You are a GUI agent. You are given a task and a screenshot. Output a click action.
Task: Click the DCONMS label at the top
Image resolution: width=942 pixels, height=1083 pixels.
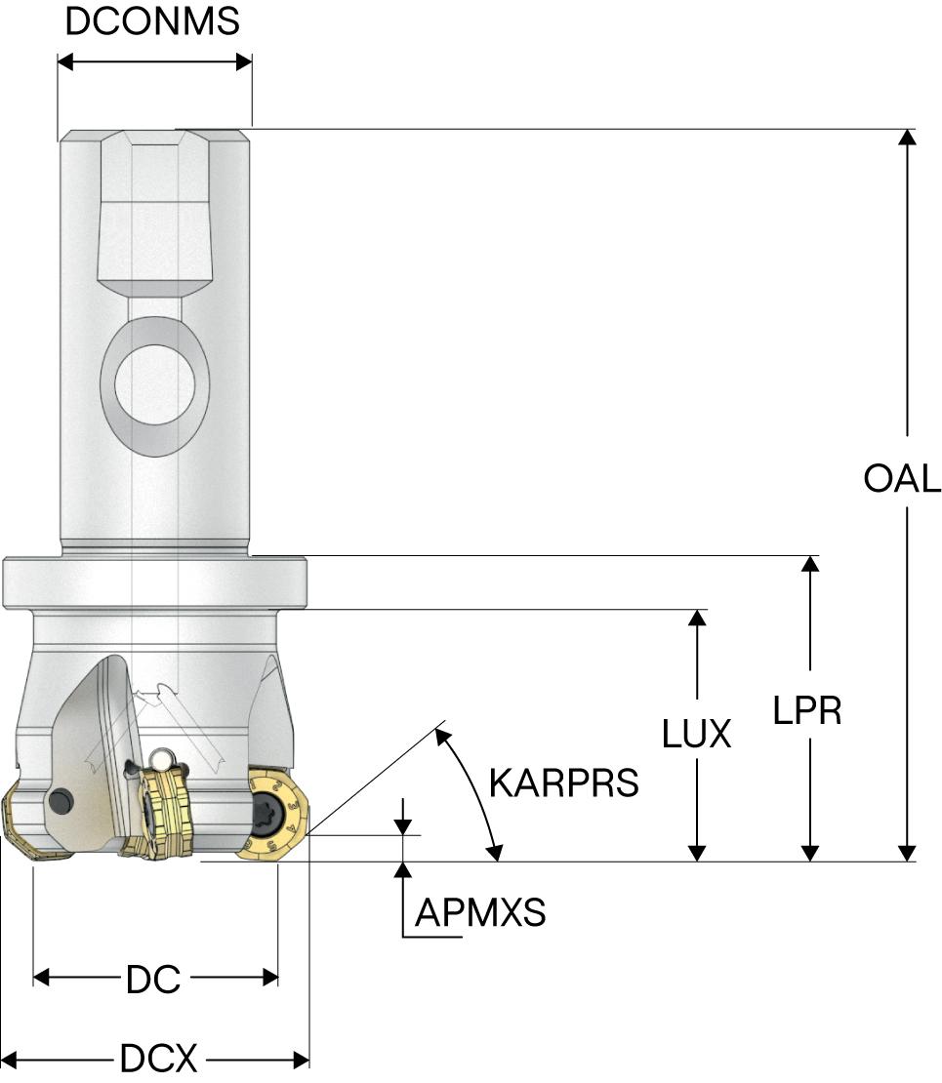click(152, 21)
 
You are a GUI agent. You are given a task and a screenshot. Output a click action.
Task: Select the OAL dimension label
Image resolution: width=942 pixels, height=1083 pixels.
click(902, 478)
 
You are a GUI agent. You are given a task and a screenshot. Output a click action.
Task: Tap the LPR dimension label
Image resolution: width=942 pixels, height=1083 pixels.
click(807, 710)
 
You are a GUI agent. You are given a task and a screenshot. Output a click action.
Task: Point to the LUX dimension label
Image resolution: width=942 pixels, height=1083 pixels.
click(696, 734)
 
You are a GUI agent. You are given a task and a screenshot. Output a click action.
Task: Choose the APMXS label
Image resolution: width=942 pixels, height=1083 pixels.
click(480, 913)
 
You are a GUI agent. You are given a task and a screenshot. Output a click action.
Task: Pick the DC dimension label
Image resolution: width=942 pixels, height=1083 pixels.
click(154, 979)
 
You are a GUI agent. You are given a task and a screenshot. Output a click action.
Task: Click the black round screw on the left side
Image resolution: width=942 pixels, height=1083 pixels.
click(61, 801)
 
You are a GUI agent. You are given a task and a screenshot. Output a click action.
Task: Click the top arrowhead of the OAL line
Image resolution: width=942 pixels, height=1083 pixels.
click(908, 137)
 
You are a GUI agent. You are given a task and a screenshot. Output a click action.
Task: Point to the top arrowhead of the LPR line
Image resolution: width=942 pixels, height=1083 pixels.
click(808, 564)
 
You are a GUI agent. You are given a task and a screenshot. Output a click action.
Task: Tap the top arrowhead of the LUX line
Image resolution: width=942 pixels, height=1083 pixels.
click(696, 619)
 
